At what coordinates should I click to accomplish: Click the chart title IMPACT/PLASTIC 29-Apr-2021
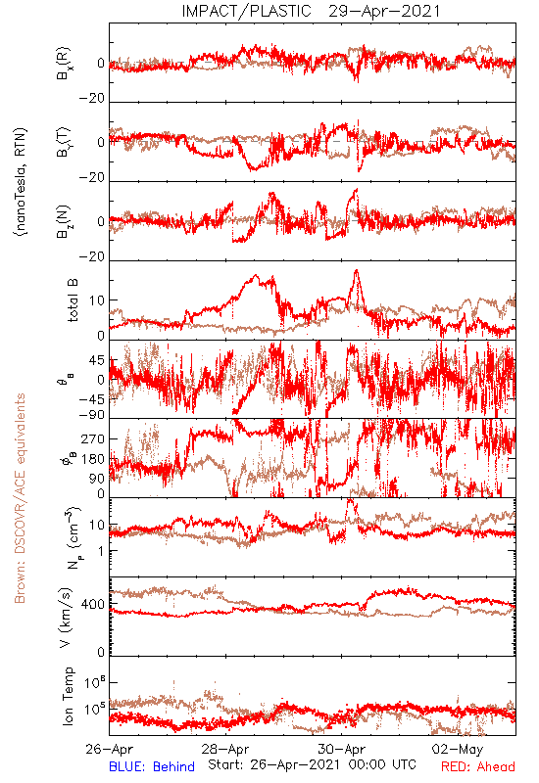(311, 11)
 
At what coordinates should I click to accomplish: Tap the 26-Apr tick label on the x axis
(110, 749)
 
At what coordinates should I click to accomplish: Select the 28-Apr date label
(225, 749)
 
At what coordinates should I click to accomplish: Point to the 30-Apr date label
(342, 749)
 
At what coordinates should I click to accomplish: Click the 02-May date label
(458, 749)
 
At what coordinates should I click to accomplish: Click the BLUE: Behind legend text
(152, 766)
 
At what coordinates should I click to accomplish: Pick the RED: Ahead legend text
(478, 766)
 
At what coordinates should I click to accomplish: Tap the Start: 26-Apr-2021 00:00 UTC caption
(312, 764)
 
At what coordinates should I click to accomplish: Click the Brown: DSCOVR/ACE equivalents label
(20, 498)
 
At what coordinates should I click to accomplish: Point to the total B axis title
(73, 299)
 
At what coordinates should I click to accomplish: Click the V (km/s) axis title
(66, 618)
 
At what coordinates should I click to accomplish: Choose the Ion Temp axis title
(68, 696)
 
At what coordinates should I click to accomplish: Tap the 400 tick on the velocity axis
(93, 604)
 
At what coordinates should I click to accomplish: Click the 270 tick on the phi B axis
(93, 438)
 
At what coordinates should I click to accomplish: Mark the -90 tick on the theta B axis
(92, 414)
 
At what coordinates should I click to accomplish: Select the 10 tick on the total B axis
(97, 300)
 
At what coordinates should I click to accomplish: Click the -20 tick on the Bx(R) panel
(92, 99)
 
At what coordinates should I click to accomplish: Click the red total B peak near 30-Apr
(357, 271)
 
